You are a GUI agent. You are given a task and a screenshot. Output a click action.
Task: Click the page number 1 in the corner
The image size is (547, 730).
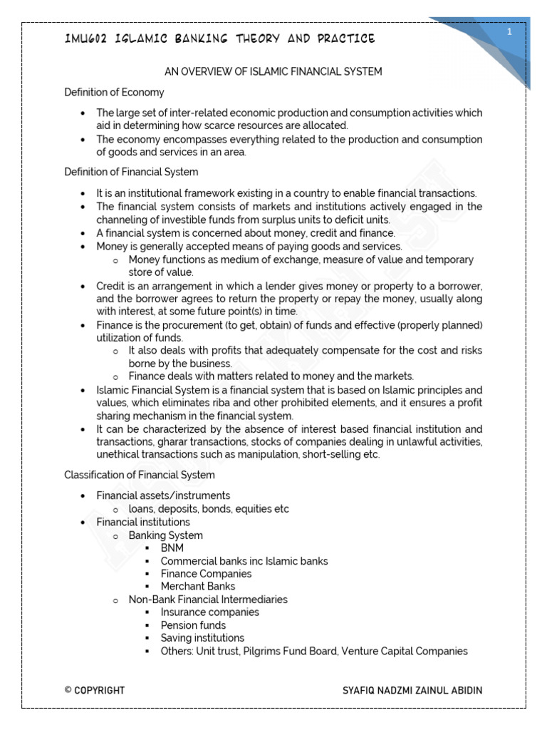coord(510,33)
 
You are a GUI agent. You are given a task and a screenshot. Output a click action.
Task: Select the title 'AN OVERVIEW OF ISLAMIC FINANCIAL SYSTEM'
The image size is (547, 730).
coord(273,71)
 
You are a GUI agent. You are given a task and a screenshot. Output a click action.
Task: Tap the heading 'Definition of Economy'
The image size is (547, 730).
coord(114,92)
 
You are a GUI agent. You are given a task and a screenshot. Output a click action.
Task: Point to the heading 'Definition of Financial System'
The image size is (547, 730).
coord(131,172)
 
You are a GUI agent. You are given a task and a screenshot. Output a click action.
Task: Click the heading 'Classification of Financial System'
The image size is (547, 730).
coord(140,475)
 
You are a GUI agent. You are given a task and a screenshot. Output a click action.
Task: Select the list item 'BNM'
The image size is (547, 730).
coord(172,548)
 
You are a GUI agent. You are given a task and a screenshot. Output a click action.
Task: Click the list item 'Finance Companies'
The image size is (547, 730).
coord(206,574)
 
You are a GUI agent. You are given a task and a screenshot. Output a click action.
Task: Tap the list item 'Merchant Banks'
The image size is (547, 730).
coord(197,587)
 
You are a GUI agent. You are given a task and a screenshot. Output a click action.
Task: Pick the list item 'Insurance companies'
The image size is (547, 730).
coord(209,612)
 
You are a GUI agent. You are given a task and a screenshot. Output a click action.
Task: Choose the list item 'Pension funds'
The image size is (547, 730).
coord(193,625)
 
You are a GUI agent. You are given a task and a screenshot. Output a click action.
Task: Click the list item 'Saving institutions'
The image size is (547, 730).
coord(202,638)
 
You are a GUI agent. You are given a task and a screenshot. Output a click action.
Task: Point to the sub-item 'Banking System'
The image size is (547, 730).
coord(165,535)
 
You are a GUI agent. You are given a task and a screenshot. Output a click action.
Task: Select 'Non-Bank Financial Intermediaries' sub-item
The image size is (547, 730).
coord(208,600)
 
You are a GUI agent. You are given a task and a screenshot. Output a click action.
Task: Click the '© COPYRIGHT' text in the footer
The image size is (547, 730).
coord(94,690)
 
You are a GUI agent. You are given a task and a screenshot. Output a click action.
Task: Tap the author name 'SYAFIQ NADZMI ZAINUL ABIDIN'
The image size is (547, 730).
coord(412,690)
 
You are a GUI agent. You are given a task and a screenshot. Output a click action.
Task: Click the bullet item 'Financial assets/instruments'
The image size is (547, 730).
coord(163,495)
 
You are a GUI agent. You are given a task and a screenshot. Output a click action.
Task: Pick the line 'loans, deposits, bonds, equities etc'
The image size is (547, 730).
coord(209,509)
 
